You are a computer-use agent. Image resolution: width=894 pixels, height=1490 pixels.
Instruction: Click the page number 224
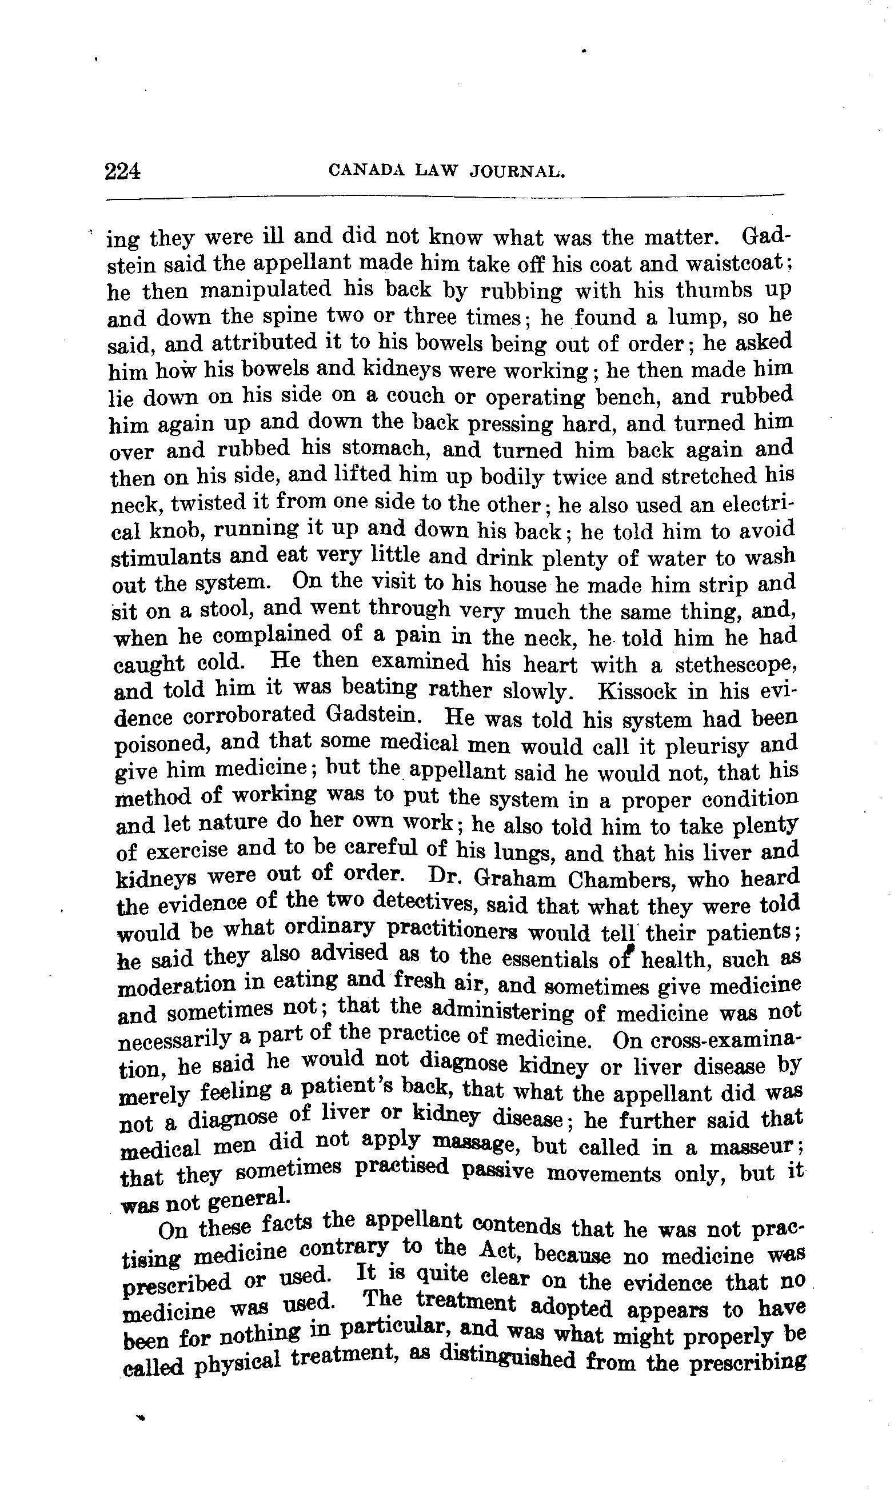[x=122, y=172]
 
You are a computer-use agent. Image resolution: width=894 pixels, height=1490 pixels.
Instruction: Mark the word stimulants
[x=170, y=558]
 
